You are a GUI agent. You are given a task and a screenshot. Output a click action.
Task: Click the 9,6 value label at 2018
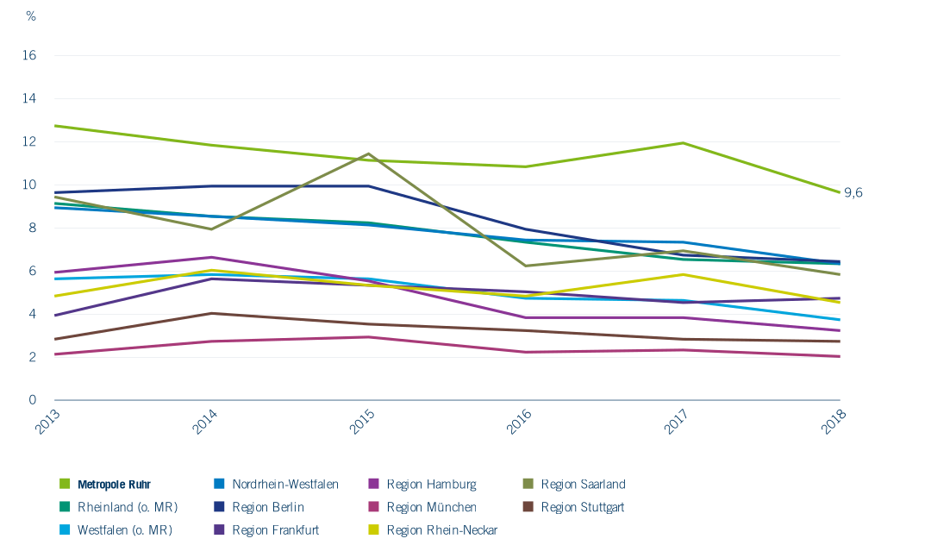853,192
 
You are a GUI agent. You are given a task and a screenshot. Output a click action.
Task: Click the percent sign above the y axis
31,16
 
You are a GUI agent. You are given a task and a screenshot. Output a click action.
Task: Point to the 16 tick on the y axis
29,55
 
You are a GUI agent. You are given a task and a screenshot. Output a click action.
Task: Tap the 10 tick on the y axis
29,185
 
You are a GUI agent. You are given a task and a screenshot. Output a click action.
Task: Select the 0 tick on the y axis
33,400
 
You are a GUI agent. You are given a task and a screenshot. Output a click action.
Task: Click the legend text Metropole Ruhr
114,485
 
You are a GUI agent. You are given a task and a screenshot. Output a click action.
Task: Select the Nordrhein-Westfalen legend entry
285,485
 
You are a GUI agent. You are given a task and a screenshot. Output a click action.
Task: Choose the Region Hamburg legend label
431,485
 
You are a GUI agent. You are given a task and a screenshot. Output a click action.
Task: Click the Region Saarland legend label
583,485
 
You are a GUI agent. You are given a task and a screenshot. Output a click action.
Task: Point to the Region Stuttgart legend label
583,507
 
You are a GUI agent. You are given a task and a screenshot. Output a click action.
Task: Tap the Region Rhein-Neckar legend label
442,529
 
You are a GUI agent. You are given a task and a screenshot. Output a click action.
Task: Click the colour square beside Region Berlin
219,507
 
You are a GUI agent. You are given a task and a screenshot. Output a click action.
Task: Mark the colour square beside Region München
374,507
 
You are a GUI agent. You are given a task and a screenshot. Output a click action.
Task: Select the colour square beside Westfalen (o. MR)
65,529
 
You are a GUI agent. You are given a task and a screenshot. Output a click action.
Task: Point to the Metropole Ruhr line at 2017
684,143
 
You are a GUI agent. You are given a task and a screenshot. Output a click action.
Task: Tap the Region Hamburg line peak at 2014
212,257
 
